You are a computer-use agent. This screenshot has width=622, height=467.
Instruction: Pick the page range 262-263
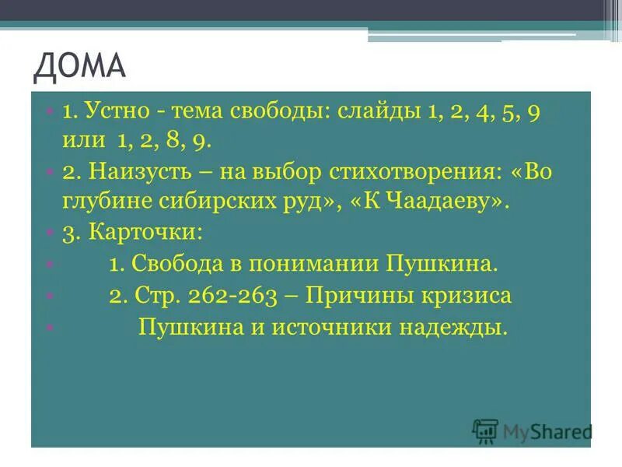pyautogui.click(x=236, y=296)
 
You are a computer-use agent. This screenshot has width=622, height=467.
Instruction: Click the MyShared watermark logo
pyautogui.click(x=533, y=430)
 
